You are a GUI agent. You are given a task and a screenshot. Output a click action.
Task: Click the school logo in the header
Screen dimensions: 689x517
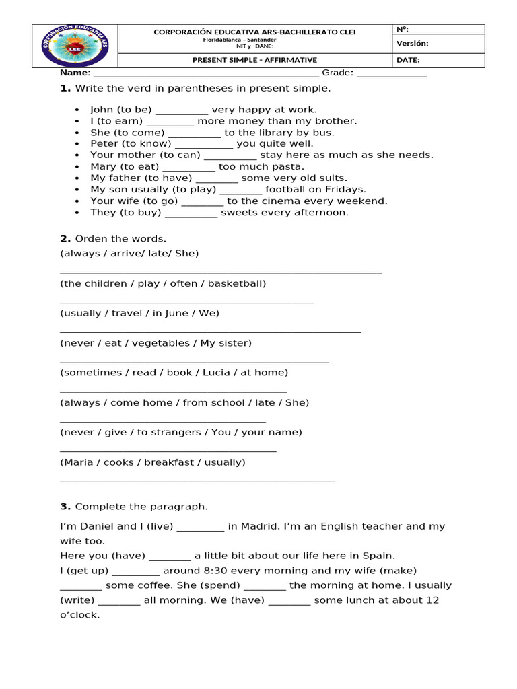coord(75,46)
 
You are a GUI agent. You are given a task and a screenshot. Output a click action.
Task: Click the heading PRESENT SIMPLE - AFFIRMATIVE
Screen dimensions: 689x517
coord(254,60)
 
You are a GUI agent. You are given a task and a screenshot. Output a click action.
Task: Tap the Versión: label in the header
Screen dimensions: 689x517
coord(413,44)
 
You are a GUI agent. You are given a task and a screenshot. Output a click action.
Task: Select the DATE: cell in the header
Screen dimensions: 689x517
coord(409,60)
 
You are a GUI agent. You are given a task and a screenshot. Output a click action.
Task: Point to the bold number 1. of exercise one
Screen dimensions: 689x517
coord(65,89)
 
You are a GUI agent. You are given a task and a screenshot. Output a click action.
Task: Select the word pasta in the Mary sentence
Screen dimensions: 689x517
coord(289,166)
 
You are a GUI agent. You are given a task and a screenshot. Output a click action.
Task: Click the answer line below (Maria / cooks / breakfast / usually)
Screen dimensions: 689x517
coord(197,480)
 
